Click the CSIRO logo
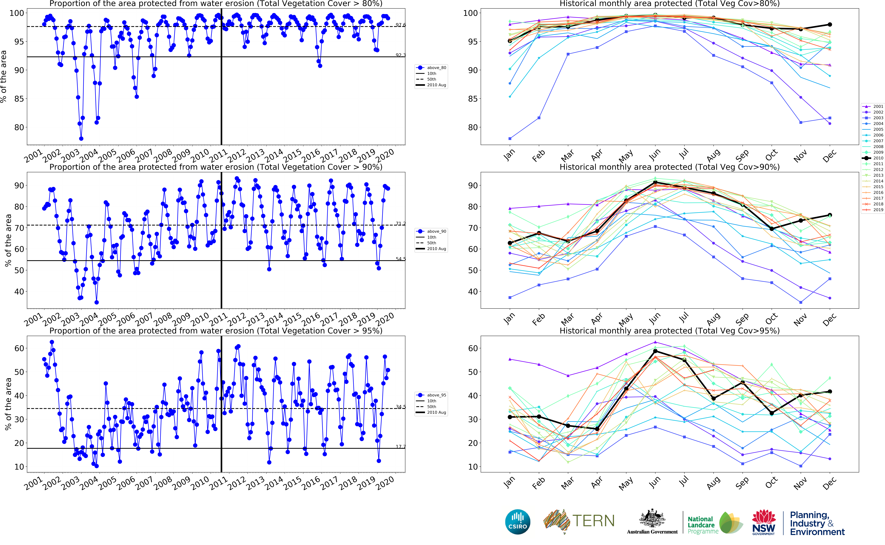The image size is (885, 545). click(x=518, y=522)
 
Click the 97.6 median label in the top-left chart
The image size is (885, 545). click(x=401, y=25)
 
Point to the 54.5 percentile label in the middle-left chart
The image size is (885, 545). click(x=401, y=259)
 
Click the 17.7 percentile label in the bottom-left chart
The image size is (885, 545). click(x=401, y=447)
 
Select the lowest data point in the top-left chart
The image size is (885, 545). click(x=81, y=138)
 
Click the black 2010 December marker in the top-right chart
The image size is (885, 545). click(x=829, y=25)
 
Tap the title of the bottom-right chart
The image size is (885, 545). click(x=669, y=331)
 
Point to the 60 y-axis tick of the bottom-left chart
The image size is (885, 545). click(x=19, y=348)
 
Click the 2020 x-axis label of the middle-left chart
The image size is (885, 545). click(x=385, y=319)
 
